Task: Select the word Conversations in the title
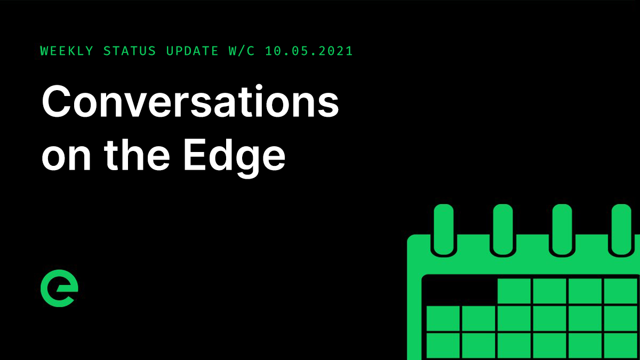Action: (x=190, y=103)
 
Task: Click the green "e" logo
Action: (x=59, y=291)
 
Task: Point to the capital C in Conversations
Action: (x=58, y=103)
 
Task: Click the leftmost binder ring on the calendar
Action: (x=443, y=229)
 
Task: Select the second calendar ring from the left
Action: (x=502, y=229)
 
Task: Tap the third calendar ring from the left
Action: (x=562, y=229)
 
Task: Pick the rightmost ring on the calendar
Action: (x=621, y=229)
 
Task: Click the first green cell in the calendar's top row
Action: (x=514, y=291)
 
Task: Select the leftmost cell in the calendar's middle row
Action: (x=443, y=318)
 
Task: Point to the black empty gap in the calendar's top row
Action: (x=460, y=291)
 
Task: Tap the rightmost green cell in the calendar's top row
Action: (x=621, y=291)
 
